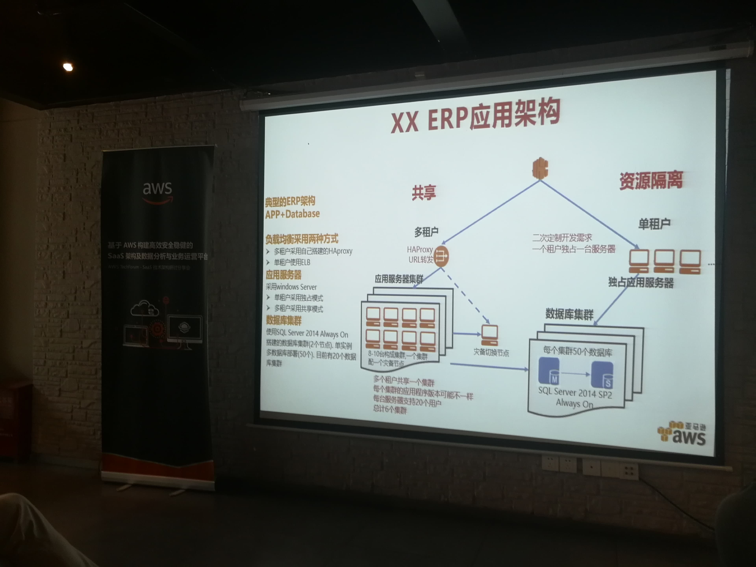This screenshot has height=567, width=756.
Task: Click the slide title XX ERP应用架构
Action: click(x=475, y=116)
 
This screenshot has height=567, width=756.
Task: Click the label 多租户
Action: click(x=426, y=232)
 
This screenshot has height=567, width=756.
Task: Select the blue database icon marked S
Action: click(x=602, y=375)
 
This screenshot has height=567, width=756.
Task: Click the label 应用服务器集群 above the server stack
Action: click(x=399, y=279)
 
